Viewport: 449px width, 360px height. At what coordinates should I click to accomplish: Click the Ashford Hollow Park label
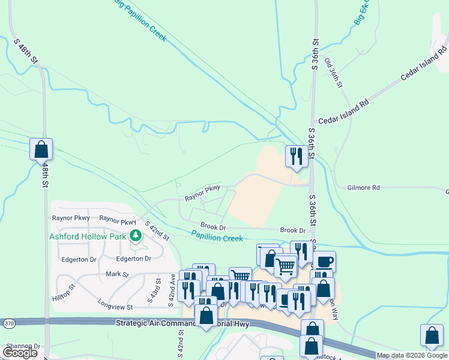click(x=87, y=236)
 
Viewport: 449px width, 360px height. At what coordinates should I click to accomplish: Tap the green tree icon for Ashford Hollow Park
click(x=136, y=236)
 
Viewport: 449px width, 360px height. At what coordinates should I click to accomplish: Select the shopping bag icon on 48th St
click(x=41, y=149)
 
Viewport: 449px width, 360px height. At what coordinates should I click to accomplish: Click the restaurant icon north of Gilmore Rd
click(x=295, y=157)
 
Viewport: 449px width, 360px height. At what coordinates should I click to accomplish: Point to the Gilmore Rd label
click(x=364, y=188)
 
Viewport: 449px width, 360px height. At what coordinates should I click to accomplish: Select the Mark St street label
click(x=117, y=274)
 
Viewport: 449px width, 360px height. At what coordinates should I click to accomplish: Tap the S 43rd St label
click(x=158, y=290)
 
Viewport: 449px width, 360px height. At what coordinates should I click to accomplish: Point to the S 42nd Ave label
click(x=172, y=290)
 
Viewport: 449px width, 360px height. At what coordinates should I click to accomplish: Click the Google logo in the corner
click(x=20, y=353)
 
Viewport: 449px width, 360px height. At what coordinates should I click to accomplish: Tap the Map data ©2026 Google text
click(x=411, y=355)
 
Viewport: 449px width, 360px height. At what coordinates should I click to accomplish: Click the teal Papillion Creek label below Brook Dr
click(x=217, y=238)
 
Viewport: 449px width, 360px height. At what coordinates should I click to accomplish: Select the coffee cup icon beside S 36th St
click(x=324, y=262)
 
